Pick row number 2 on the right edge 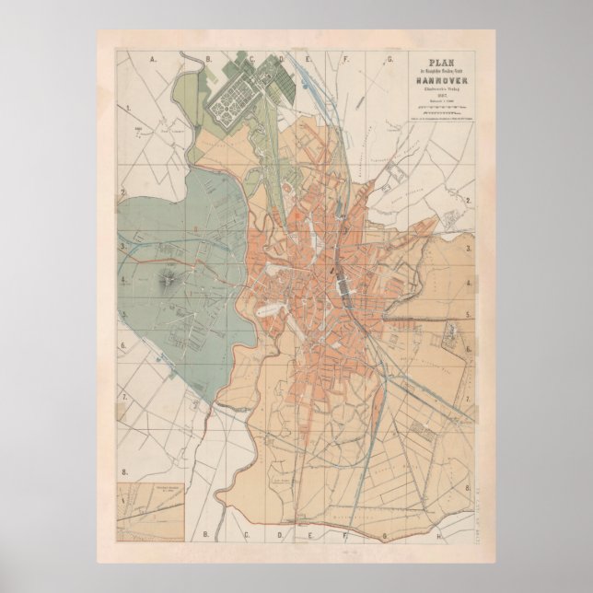(x=469, y=200)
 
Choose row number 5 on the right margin (x=469, y=314)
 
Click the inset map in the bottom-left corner (x=151, y=506)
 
